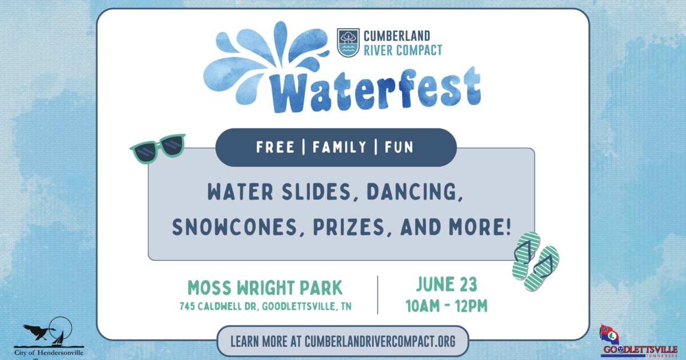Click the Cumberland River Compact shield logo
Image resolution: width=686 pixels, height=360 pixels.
click(x=348, y=43)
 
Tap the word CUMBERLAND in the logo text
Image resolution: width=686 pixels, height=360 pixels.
click(x=397, y=37)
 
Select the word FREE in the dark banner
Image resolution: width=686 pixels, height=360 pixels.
click(x=276, y=147)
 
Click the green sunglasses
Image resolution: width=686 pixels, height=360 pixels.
click(x=158, y=148)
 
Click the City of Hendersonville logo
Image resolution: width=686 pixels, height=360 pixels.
click(x=48, y=340)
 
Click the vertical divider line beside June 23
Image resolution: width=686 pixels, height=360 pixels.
click(x=377, y=294)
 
